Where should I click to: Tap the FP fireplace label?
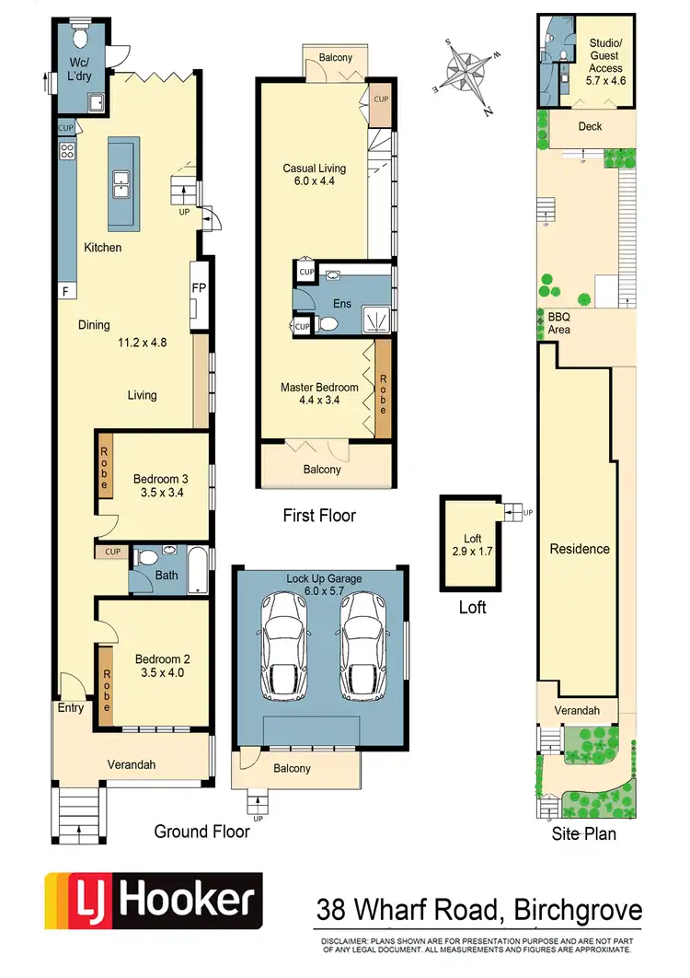point(199,288)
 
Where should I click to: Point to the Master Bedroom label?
point(319,394)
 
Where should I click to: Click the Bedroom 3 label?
point(161,485)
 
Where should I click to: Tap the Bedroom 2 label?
point(162,666)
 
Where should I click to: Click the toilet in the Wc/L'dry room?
point(79,37)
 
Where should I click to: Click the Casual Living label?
point(314,175)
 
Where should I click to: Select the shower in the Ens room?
point(374,320)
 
